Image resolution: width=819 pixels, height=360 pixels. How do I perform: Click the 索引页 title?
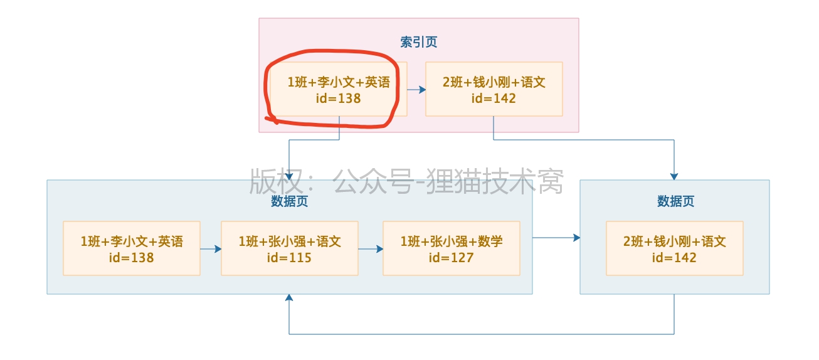419,42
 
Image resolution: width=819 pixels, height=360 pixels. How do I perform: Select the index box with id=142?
494,89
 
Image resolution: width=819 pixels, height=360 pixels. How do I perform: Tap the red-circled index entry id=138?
339,89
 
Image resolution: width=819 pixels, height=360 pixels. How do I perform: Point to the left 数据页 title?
290,201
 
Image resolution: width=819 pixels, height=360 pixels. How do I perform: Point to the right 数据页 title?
675,201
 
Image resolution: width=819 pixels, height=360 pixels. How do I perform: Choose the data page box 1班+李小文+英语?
132,248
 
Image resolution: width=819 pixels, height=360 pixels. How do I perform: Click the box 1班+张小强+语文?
290,248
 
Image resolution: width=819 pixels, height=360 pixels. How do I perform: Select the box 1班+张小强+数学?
452,248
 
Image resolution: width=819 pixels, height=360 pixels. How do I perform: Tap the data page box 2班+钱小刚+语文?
674,248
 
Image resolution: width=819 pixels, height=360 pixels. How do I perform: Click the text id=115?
289,257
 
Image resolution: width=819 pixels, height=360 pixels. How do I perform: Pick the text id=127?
451,257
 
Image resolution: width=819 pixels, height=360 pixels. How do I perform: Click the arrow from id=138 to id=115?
211,249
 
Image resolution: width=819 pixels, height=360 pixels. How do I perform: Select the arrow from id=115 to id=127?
371,249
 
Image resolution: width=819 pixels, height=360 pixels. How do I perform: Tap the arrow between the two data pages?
556,238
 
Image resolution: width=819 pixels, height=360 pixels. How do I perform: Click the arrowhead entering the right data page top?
674,176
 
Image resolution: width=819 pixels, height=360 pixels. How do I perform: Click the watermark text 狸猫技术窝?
495,182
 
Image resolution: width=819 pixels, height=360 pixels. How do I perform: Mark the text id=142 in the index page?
494,98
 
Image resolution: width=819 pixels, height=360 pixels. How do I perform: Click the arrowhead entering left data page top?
289,176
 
